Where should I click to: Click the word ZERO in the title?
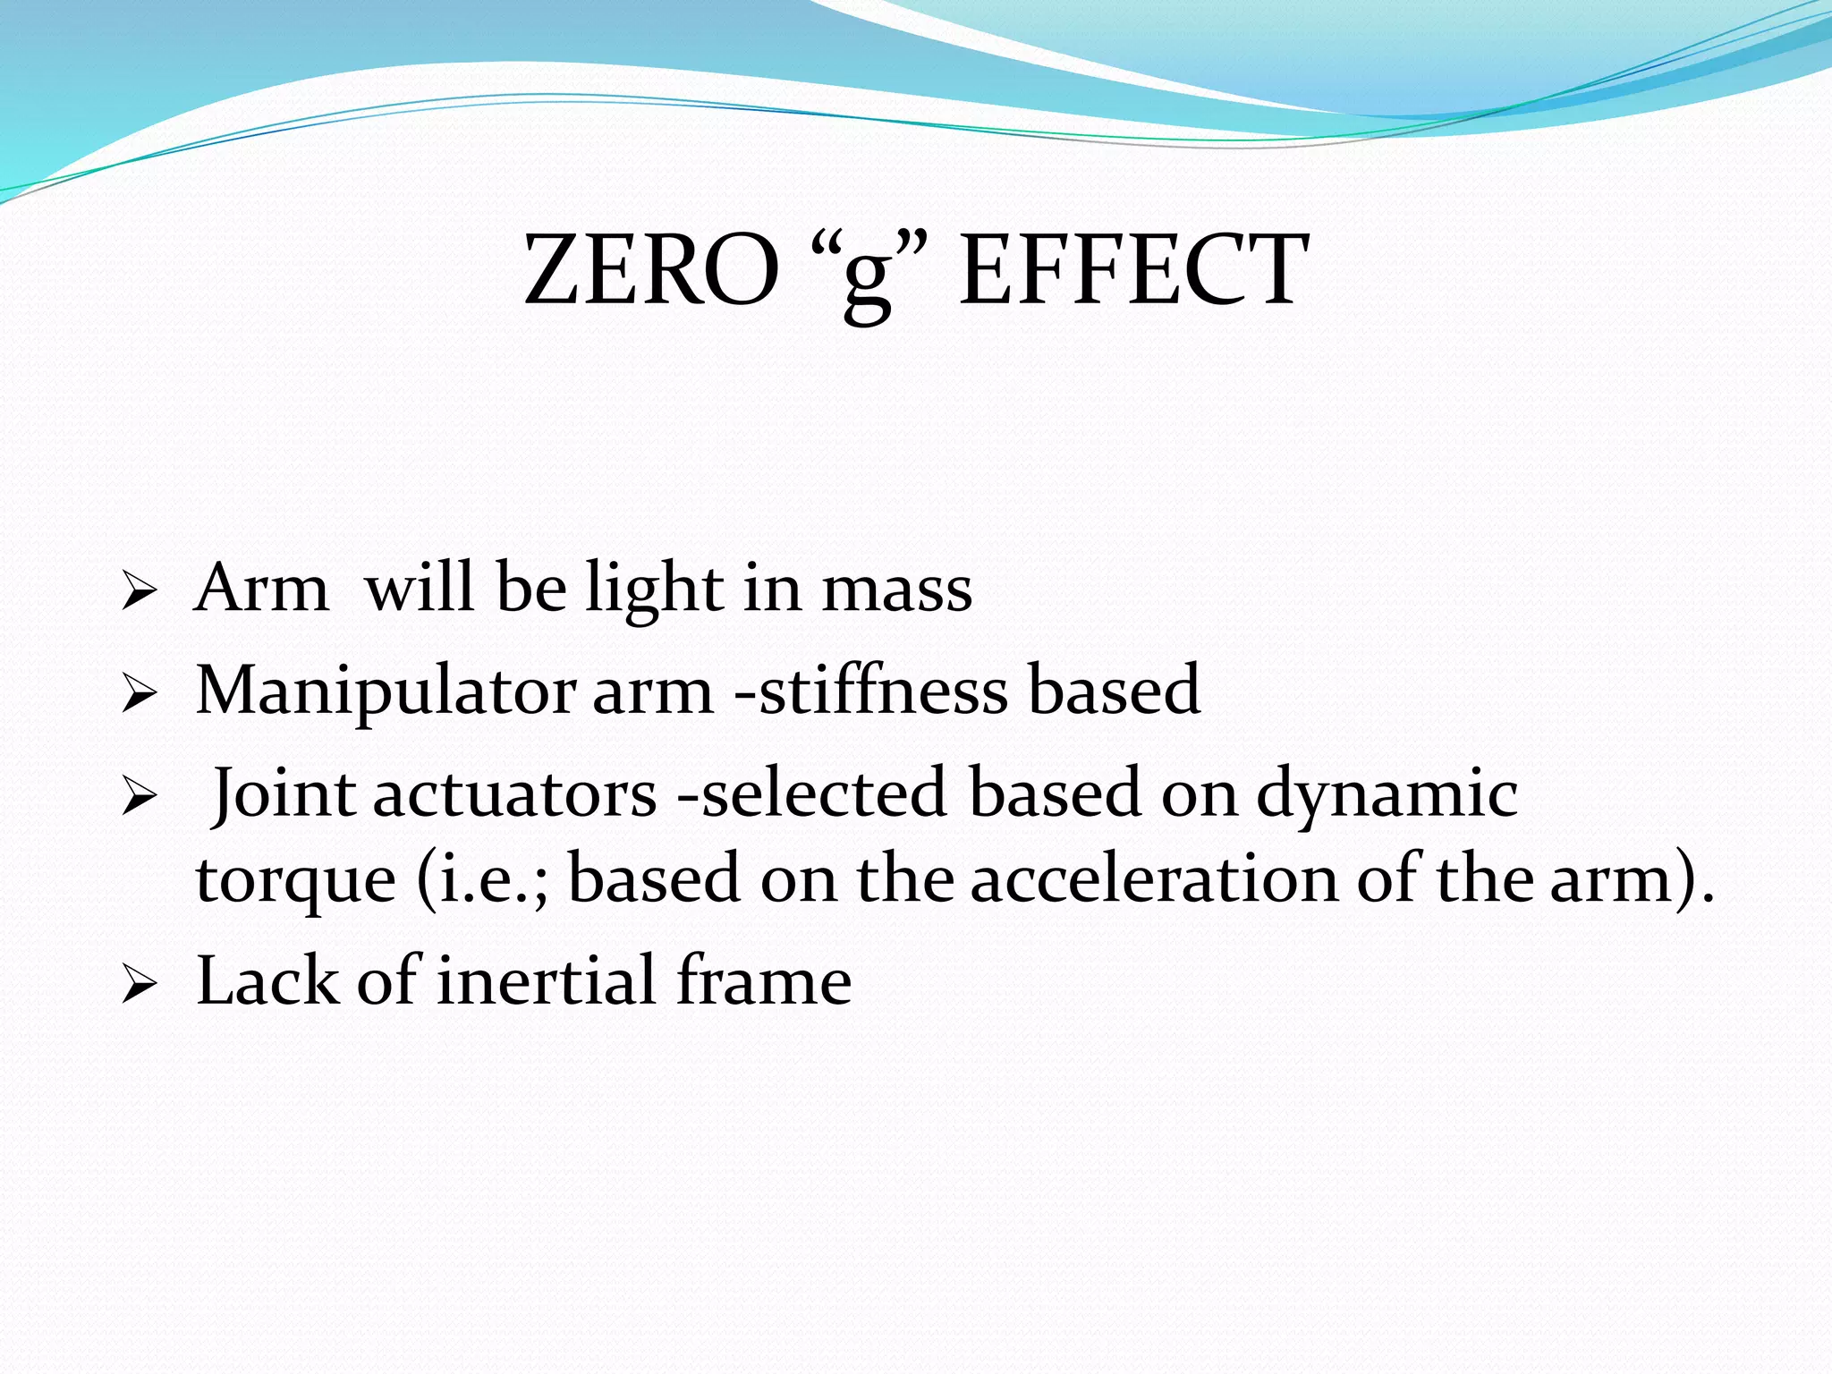click(x=650, y=270)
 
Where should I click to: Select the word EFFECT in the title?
click(x=1133, y=270)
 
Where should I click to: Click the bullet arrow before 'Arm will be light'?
click(x=140, y=592)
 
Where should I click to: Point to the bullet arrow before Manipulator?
click(x=140, y=694)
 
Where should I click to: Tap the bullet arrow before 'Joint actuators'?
click(x=140, y=796)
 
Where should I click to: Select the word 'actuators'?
click(x=514, y=794)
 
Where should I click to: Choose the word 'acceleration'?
click(x=1153, y=878)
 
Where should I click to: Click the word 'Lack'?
click(x=267, y=981)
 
